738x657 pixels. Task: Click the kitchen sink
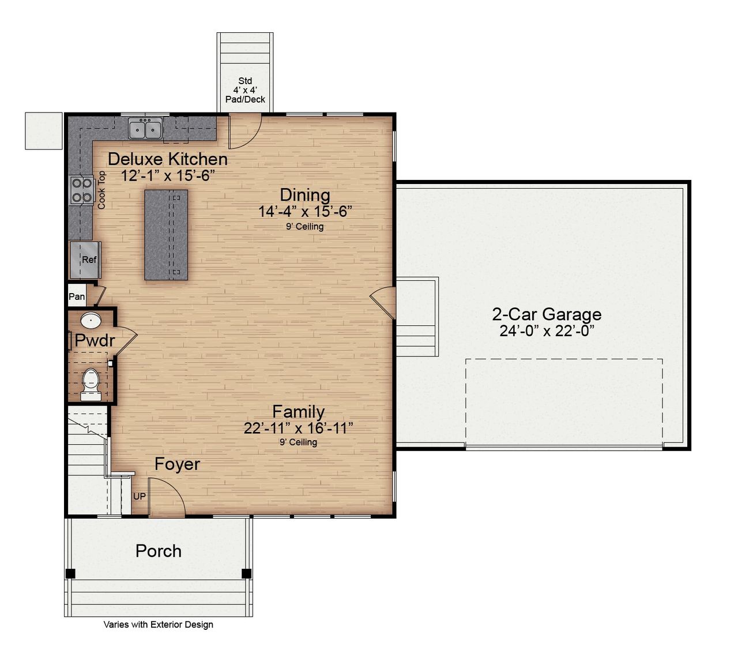pyautogui.click(x=145, y=129)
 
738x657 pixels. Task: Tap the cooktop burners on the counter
pyautogui.click(x=81, y=190)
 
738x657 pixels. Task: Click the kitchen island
pyautogui.click(x=166, y=235)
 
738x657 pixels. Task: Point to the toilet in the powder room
pyautogui.click(x=91, y=383)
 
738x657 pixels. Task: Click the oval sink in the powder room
pyautogui.click(x=91, y=320)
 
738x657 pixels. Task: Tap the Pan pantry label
pyautogui.click(x=77, y=296)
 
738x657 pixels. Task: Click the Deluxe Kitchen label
pyautogui.click(x=167, y=159)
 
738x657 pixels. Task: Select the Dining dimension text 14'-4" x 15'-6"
pyautogui.click(x=305, y=212)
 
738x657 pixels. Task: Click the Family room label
pyautogui.click(x=298, y=412)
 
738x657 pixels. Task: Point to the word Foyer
pyautogui.click(x=177, y=464)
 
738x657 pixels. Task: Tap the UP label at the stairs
pyautogui.click(x=140, y=496)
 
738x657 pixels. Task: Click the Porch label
pyautogui.click(x=159, y=551)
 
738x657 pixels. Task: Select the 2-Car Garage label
pyautogui.click(x=547, y=314)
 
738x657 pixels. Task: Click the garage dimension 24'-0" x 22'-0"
pyautogui.click(x=547, y=331)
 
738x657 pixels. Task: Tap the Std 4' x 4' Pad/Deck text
pyautogui.click(x=245, y=90)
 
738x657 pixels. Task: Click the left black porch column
pyautogui.click(x=70, y=573)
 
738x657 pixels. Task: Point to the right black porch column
pyautogui.click(x=246, y=573)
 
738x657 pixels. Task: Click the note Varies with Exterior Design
pyautogui.click(x=159, y=624)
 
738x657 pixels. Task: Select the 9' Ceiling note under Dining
pyautogui.click(x=305, y=227)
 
